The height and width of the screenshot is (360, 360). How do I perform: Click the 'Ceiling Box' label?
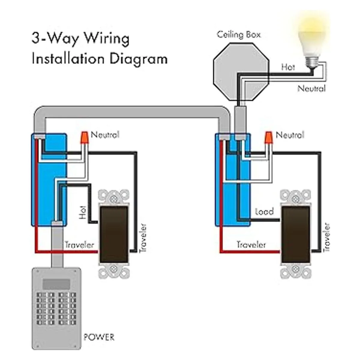click(x=238, y=34)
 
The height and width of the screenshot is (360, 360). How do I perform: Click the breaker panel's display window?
click(x=56, y=283)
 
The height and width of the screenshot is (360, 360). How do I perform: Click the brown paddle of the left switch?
click(x=114, y=234)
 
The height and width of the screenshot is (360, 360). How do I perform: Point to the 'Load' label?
click(x=264, y=212)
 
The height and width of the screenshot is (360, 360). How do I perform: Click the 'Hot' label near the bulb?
click(x=288, y=67)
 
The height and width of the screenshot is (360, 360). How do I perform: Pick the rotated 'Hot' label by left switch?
click(x=82, y=212)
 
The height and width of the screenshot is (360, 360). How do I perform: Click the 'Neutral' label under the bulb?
click(x=311, y=88)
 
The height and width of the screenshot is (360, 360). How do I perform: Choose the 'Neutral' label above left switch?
click(x=105, y=135)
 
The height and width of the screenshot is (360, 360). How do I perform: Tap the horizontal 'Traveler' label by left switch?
click(x=79, y=245)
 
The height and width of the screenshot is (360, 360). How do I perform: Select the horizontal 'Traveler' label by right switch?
click(x=251, y=245)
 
